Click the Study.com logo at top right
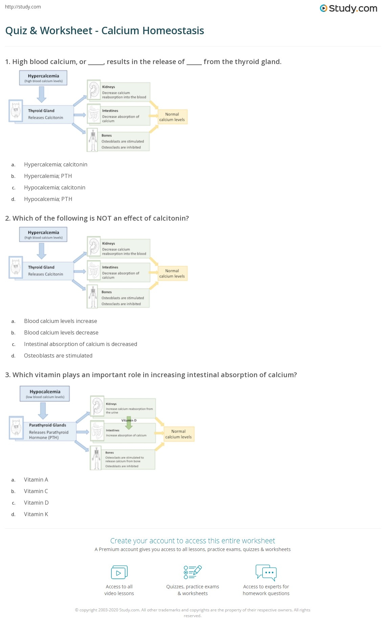coord(348,8)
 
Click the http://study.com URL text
coord(23,7)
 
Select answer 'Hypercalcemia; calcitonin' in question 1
coord(56,165)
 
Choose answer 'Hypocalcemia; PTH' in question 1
coord(48,199)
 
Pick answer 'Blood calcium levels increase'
coord(60,321)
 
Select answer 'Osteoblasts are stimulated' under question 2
coord(58,356)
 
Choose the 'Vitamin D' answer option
coord(36,503)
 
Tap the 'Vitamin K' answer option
coord(36,514)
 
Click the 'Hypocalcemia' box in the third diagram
coord(45,393)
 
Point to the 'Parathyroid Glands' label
coord(47,425)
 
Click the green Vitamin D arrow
coord(129,424)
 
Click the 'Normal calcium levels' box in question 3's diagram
coord(178,434)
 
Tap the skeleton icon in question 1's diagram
coord(92,140)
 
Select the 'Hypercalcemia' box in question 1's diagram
coord(43,78)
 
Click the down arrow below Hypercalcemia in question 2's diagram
coord(42,251)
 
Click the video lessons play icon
coord(119,572)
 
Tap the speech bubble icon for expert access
coord(266,572)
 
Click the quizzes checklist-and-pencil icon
coord(193,572)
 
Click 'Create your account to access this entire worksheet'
coord(192,541)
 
